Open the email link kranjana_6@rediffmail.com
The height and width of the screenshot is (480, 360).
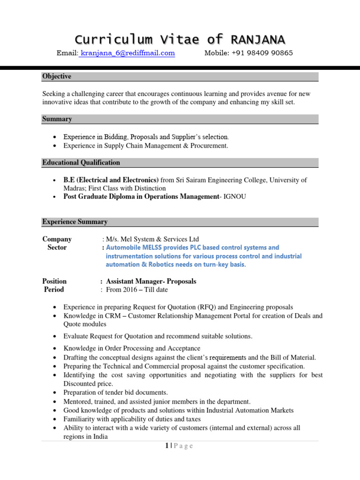click(127, 53)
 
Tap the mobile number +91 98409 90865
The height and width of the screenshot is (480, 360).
click(262, 53)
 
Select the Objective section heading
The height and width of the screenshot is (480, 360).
click(57, 76)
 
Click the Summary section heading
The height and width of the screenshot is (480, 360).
click(57, 119)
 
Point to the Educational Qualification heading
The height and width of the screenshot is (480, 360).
click(81, 163)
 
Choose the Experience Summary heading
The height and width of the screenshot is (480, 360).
click(75, 222)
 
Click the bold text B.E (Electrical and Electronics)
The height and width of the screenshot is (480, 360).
click(111, 180)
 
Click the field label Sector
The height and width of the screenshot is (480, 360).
click(57, 247)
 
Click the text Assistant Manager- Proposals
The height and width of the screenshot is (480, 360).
click(151, 281)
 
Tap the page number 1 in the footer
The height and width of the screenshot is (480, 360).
click(166, 446)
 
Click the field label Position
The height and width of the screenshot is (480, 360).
click(54, 281)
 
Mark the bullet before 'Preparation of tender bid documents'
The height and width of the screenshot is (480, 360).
click(55, 393)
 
